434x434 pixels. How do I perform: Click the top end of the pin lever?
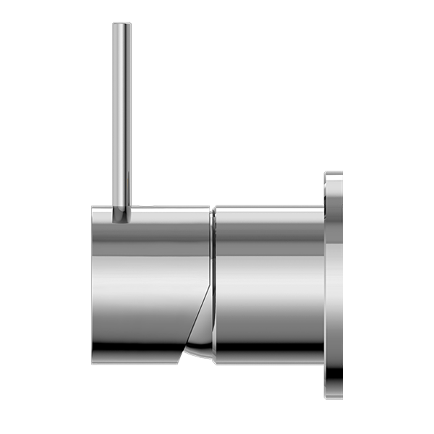[x=122, y=27]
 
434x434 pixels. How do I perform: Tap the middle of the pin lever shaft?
[x=122, y=116]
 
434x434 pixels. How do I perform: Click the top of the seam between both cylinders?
[x=212, y=210]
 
